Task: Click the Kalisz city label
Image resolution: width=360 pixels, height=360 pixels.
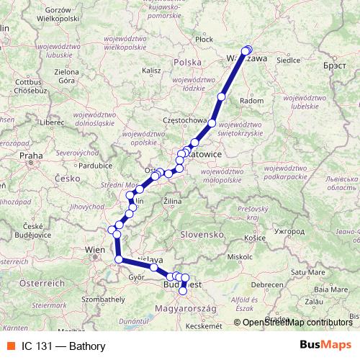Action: click(x=151, y=71)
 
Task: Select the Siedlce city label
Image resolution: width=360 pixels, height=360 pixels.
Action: click(x=288, y=60)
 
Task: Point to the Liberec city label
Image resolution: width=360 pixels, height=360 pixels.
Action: click(x=53, y=122)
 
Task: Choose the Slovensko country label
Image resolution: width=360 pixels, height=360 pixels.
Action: click(x=204, y=235)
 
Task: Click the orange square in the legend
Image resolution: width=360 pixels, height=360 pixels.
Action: click(x=11, y=346)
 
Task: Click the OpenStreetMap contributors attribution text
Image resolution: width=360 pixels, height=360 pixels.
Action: click(x=296, y=323)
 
